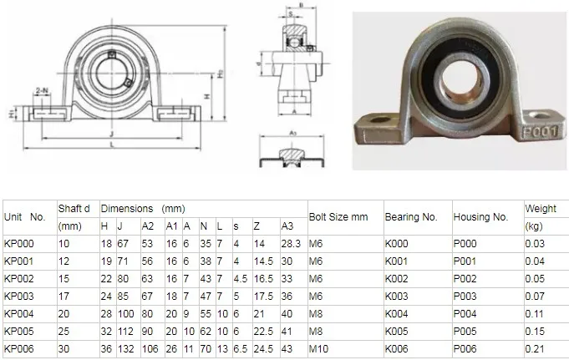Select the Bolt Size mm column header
[338, 216]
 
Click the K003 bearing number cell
[398, 296]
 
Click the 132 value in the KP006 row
[127, 347]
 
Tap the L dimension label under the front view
[111, 146]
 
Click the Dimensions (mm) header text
[143, 208]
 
